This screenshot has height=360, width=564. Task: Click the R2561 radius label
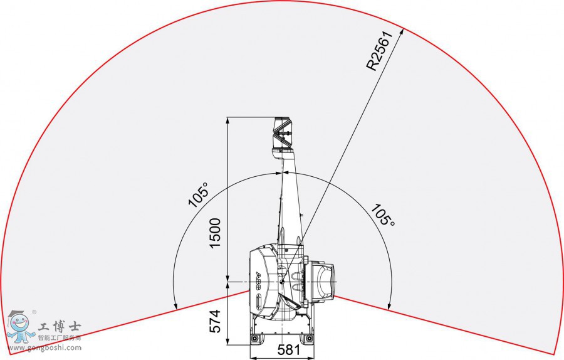pyautogui.click(x=381, y=52)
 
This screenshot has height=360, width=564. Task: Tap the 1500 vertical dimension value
pyautogui.click(x=215, y=233)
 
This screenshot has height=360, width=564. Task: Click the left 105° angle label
pyautogui.click(x=199, y=195)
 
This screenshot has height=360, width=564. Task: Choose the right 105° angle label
pyautogui.click(x=382, y=215)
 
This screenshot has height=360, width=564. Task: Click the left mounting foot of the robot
pyautogui.click(x=256, y=339)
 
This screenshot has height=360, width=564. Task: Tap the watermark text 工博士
pyautogui.click(x=60, y=327)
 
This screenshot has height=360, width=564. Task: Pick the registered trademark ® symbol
pyautogui.click(x=34, y=311)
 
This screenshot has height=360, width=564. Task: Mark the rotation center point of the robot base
pyautogui.click(x=282, y=283)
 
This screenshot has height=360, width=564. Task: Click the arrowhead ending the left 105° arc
pyautogui.click(x=177, y=309)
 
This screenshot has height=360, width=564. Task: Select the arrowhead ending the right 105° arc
pyautogui.click(x=389, y=309)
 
